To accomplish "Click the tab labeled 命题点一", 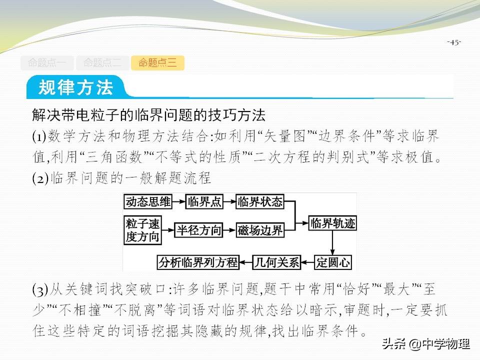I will click(x=47, y=63).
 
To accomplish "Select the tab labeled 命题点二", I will click(x=102, y=63).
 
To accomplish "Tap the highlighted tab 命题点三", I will click(x=157, y=63).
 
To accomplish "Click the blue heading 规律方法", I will click(x=76, y=87).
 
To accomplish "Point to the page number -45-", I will click(x=454, y=42).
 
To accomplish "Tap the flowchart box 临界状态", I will click(x=260, y=202).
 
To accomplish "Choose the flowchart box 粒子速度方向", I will click(x=143, y=230).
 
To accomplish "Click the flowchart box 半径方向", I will click(x=199, y=230).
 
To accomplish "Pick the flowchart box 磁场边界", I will click(x=260, y=230).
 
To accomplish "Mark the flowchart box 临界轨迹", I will click(x=333, y=223).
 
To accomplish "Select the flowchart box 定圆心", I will click(x=333, y=261).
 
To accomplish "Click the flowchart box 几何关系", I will click(x=276, y=261).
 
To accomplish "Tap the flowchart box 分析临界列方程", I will click(x=198, y=261).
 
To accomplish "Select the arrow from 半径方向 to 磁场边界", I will click(x=229, y=230).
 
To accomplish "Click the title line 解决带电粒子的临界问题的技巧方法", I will click(x=148, y=115).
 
